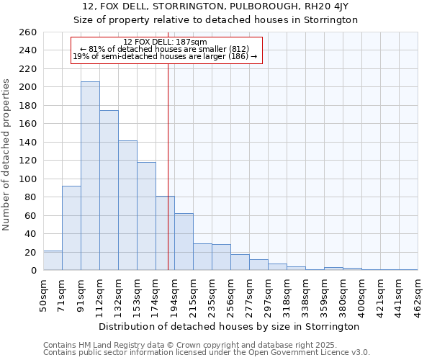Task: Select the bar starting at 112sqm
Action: (109, 191)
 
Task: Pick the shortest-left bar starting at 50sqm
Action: (53, 261)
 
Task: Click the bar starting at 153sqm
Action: (146, 216)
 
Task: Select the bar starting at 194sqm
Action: (184, 242)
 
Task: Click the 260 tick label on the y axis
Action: (27, 32)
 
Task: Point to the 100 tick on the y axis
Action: (27, 179)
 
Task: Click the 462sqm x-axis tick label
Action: (418, 296)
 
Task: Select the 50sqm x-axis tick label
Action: (43, 296)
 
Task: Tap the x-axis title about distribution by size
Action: (229, 326)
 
